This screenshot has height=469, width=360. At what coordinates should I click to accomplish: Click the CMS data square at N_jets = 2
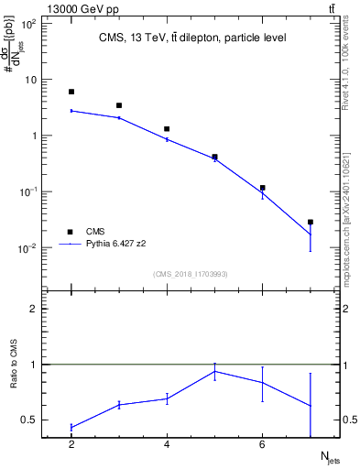[x=71, y=92]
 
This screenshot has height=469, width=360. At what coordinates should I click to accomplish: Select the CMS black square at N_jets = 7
[x=311, y=222]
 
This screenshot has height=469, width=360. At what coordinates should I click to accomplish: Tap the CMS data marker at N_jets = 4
[x=167, y=129]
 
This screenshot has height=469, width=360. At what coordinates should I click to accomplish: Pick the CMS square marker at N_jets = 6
[x=263, y=188]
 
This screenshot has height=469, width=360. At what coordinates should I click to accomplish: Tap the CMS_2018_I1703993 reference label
[x=191, y=274]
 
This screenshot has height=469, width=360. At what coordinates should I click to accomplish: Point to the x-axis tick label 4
[x=167, y=445]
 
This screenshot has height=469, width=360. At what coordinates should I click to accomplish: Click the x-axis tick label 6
[x=263, y=445]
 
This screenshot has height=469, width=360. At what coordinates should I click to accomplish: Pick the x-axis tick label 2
[x=71, y=445]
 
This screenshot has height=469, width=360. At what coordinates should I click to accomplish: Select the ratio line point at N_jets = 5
[x=214, y=371]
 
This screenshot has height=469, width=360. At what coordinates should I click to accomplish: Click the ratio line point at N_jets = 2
[x=71, y=427]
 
